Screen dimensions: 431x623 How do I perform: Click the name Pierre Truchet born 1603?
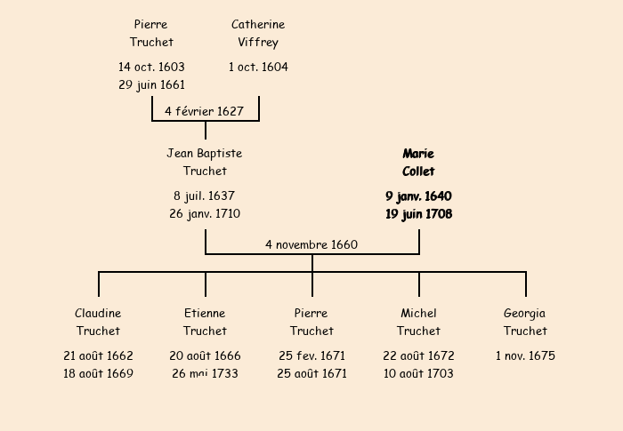151,33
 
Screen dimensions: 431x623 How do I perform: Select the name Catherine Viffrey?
258,33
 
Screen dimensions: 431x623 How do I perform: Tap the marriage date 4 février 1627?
204,111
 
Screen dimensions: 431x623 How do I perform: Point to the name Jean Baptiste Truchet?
205,162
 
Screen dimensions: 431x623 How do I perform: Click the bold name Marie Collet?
418,162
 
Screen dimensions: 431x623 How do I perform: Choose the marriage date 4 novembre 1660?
311,244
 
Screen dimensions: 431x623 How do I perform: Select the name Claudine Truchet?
98,322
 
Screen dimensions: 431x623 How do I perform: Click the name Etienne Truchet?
205,322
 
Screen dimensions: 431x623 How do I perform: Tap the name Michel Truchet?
418,322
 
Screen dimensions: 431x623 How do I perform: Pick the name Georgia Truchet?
525,322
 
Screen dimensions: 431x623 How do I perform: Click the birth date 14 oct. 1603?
151,67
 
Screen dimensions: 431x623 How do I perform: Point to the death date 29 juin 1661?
151,85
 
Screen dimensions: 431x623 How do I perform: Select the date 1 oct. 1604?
258,67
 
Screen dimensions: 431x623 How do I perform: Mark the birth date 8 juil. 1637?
205,196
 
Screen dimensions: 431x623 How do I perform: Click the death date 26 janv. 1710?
205,213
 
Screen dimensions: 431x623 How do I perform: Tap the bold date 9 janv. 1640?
418,196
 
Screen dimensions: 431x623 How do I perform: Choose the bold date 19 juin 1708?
418,213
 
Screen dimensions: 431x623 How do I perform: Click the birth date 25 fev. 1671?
311,355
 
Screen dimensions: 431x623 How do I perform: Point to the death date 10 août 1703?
418,373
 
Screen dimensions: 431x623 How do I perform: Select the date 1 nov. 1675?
525,355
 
